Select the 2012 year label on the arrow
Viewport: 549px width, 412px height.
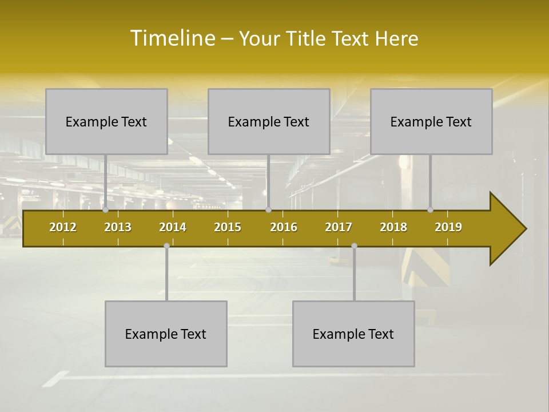[63, 227]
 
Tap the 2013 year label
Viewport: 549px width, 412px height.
[118, 227]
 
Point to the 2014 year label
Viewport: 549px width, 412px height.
[173, 227]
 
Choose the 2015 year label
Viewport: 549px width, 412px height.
[228, 227]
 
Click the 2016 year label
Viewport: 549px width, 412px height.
[284, 227]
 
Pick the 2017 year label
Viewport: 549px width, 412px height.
[339, 227]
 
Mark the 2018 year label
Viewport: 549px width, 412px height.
[393, 227]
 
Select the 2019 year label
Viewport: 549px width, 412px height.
[448, 227]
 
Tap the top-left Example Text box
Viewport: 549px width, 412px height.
[106, 121]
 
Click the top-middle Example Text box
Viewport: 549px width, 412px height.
[269, 121]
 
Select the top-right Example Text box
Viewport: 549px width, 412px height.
[431, 121]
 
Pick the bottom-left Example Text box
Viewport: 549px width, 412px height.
[166, 334]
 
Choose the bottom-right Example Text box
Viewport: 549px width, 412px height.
[353, 334]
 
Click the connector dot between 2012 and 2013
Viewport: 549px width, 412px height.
[105, 210]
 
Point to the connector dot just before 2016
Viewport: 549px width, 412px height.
[268, 210]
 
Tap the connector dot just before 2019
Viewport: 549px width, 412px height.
[430, 210]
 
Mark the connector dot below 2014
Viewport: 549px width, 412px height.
[166, 246]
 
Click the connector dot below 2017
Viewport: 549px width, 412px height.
[354, 246]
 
